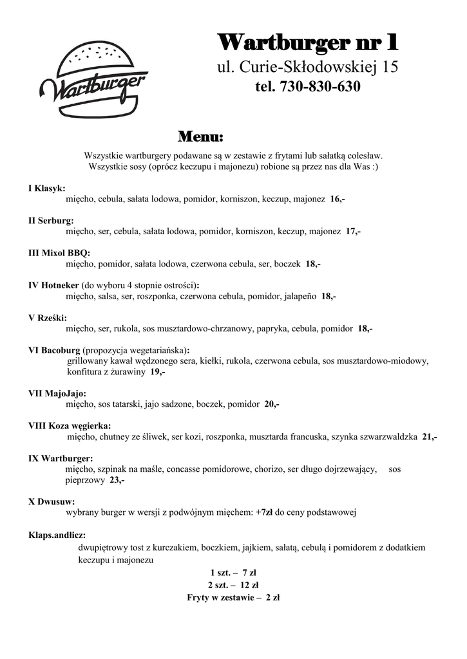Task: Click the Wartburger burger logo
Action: [x=93, y=80]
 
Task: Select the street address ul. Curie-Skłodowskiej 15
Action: [x=307, y=66]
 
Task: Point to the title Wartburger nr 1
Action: [x=308, y=44]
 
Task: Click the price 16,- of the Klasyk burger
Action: [x=337, y=200]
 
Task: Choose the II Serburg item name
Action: [x=51, y=220]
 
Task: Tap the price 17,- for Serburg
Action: [x=352, y=232]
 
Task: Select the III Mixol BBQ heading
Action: [x=59, y=252]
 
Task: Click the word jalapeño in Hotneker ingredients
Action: [x=300, y=296]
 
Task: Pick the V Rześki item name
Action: [x=48, y=317]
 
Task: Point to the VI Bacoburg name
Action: [x=54, y=350]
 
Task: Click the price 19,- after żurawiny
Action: [x=158, y=372]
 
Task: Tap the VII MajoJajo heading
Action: [x=57, y=393]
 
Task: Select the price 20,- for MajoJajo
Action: [x=272, y=404]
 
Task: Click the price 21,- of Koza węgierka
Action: [x=430, y=437]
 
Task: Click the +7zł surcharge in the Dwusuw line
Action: [x=265, y=513]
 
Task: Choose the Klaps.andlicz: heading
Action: [x=57, y=535]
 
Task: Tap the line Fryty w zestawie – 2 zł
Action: [x=233, y=597]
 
